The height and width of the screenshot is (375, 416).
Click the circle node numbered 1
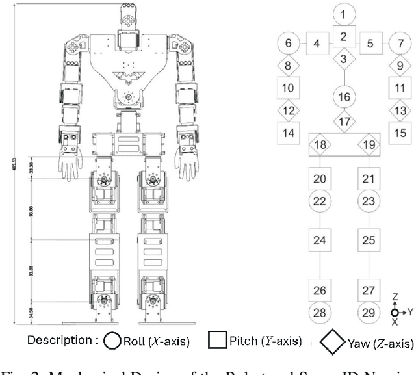pyautogui.click(x=343, y=12)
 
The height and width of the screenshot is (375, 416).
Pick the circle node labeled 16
pyautogui.click(x=343, y=97)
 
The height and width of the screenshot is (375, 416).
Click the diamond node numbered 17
pyautogui.click(x=343, y=121)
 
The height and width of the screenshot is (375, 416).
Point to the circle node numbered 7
pyautogui.click(x=400, y=44)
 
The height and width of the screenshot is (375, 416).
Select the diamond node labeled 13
pyautogui.click(x=400, y=110)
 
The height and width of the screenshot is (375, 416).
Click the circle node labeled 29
pyautogui.click(x=369, y=313)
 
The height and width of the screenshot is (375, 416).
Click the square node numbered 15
pyautogui.click(x=400, y=133)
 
